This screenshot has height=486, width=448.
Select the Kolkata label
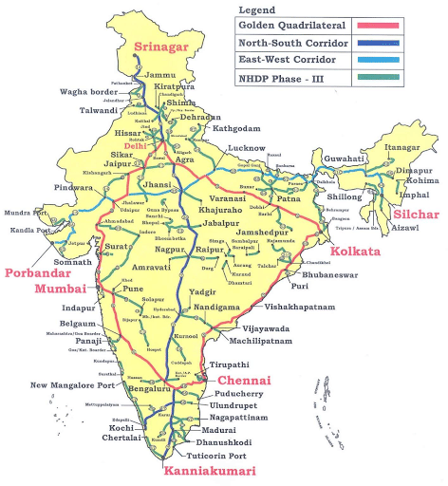pos(357,251)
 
